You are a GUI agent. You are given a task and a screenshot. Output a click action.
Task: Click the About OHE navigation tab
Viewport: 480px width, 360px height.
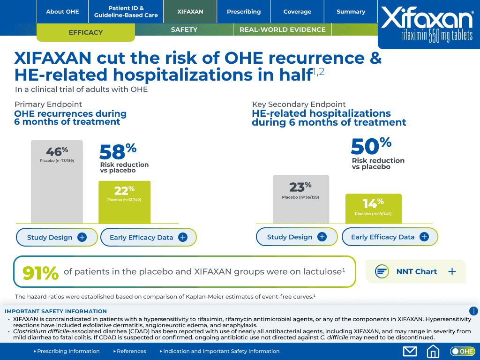pyautogui.click(x=62, y=12)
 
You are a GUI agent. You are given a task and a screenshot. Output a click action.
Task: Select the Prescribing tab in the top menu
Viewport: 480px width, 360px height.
pyautogui.click(x=244, y=12)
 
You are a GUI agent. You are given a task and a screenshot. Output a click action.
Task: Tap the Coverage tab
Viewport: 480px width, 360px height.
pyautogui.click(x=297, y=12)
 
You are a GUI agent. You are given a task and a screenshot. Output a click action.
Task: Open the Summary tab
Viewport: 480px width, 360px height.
pyautogui.click(x=351, y=12)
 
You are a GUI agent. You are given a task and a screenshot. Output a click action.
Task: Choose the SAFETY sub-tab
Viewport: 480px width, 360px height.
pyautogui.click(x=184, y=30)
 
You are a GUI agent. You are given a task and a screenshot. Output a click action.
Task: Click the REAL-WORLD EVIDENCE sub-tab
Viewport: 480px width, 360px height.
pyautogui.click(x=282, y=30)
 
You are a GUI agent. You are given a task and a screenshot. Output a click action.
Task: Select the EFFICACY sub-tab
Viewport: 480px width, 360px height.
pyautogui.click(x=86, y=32)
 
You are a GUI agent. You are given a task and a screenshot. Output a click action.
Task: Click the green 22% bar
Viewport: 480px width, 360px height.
pyautogui.click(x=124, y=202)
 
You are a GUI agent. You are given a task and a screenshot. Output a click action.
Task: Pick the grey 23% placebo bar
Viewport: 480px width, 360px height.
pyautogui.click(x=300, y=199)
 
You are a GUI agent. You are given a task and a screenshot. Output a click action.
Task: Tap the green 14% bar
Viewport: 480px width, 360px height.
pyautogui.click(x=373, y=209)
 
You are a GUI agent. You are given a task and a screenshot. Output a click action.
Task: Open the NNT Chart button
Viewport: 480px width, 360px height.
pyautogui.click(x=416, y=271)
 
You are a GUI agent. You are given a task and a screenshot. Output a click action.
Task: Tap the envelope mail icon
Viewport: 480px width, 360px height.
pyautogui.click(x=410, y=351)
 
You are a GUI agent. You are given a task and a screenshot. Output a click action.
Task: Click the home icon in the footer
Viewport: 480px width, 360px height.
pyautogui.click(x=433, y=351)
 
